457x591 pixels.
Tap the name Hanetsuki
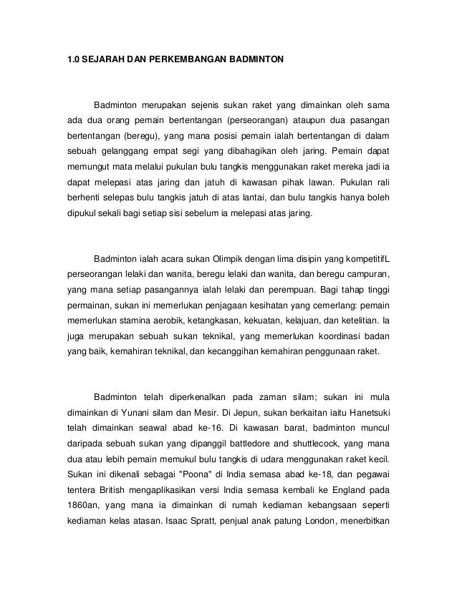point(365,411)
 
